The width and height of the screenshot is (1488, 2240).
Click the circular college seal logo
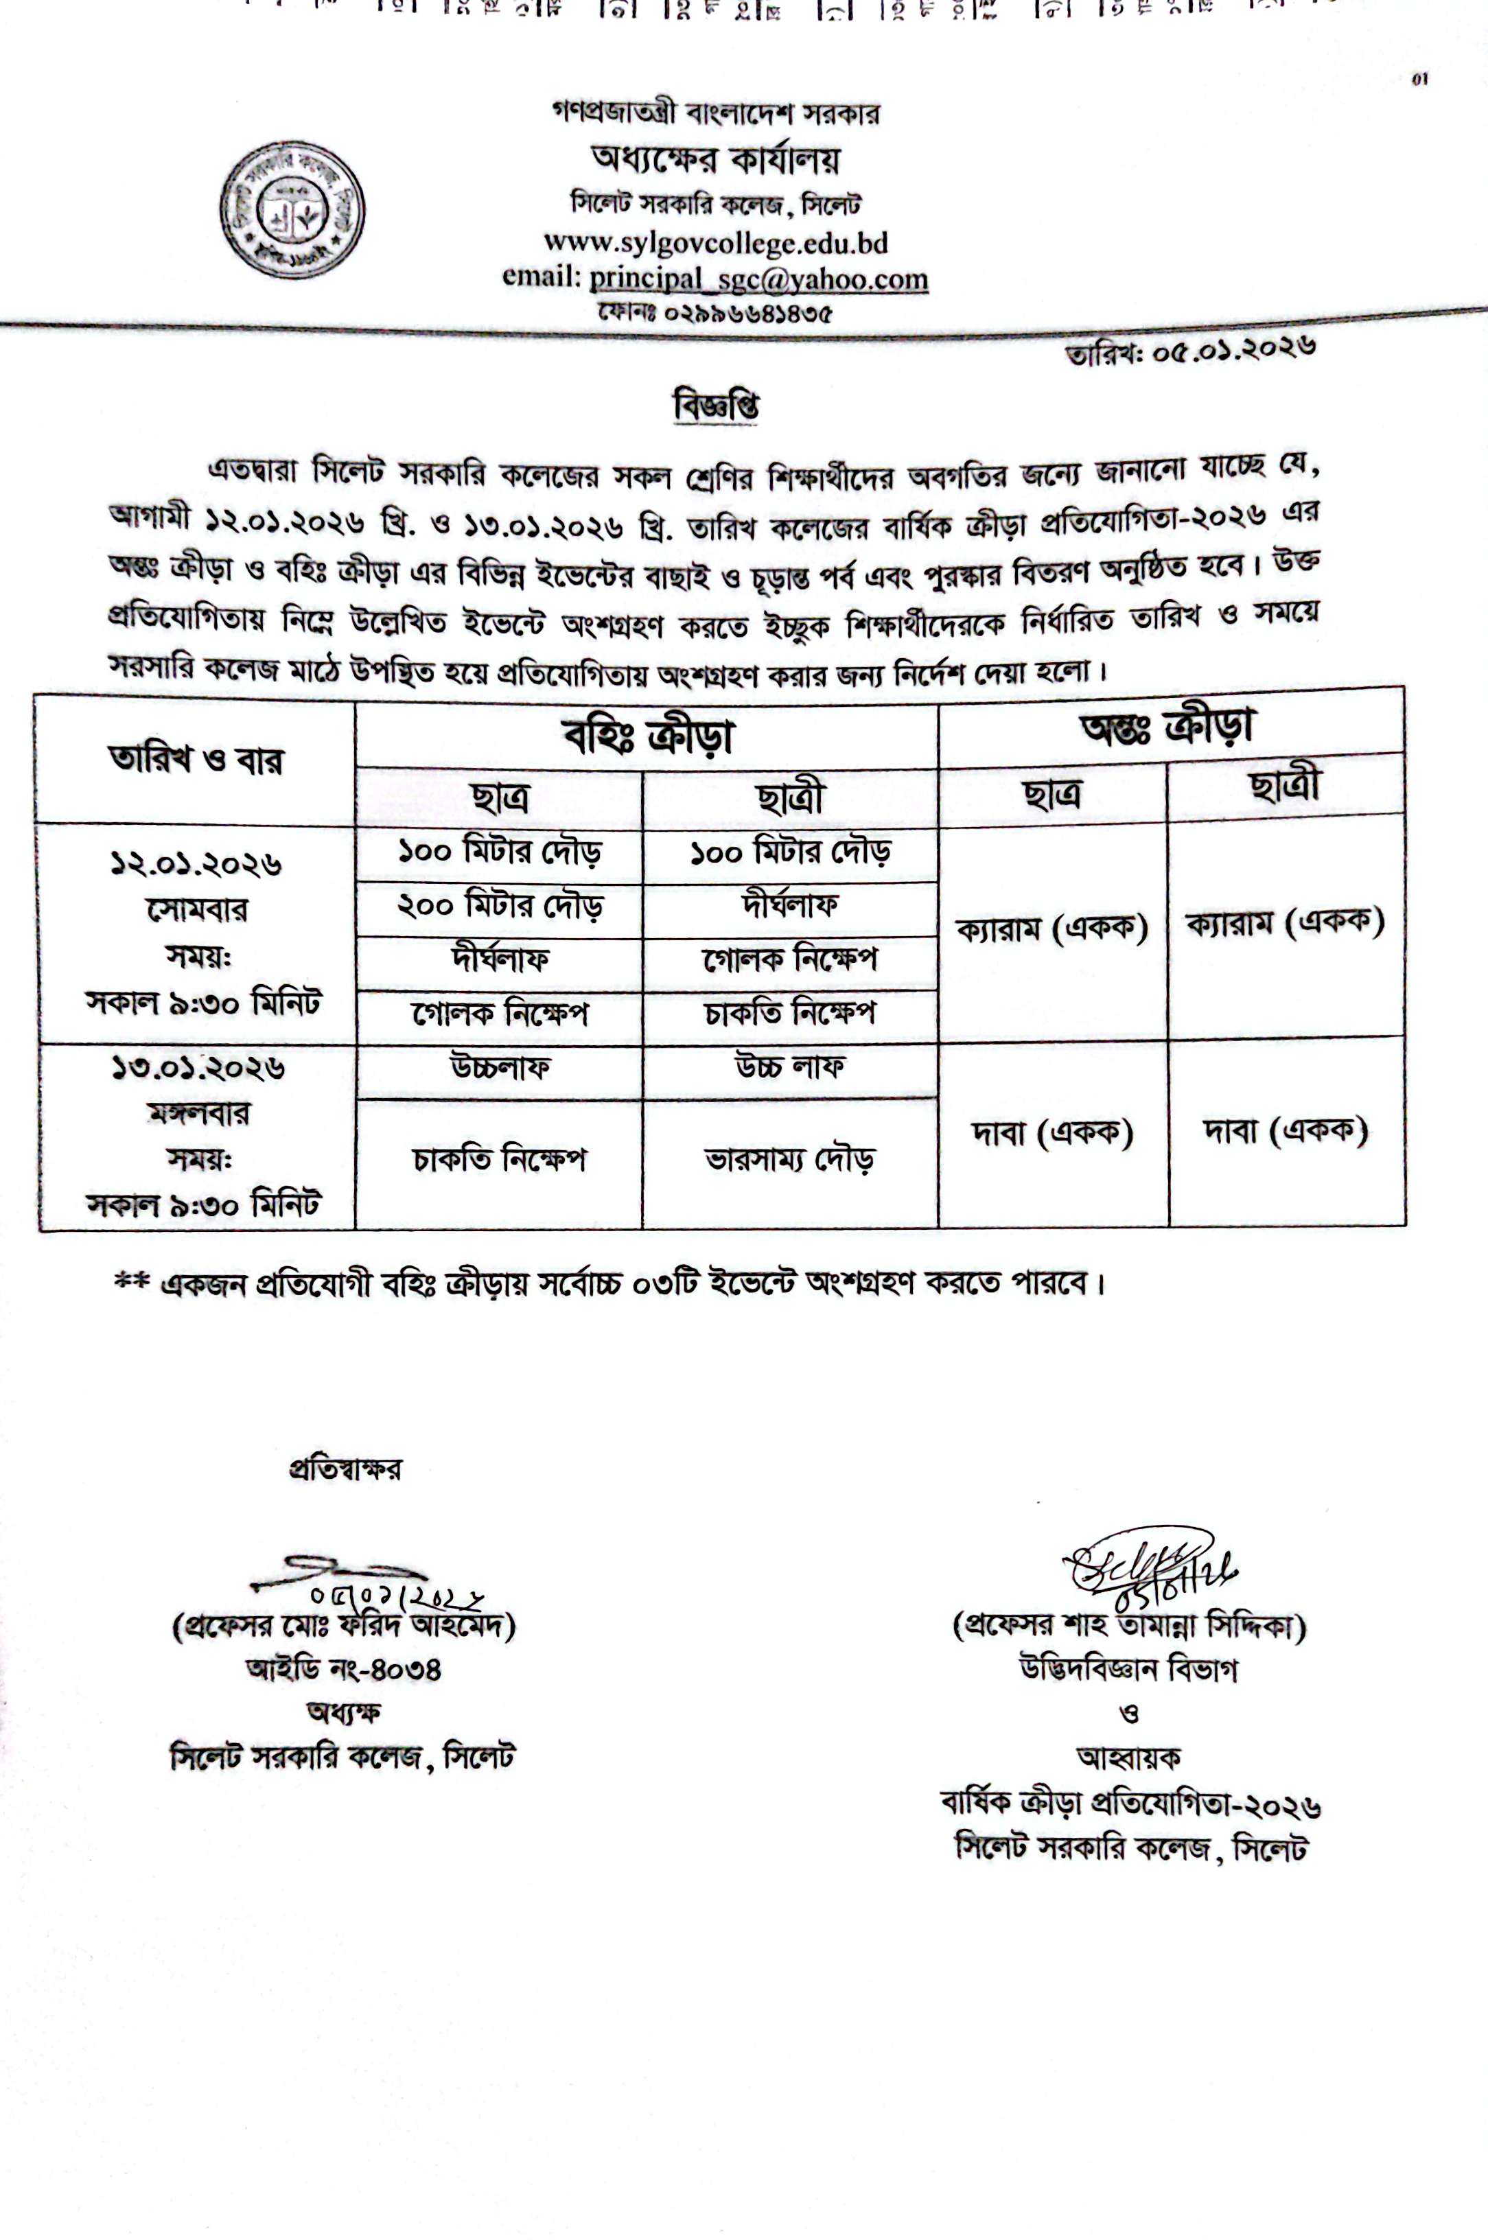point(292,210)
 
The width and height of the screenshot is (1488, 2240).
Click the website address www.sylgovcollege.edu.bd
point(716,243)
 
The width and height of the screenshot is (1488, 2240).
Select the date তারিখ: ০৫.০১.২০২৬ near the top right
point(1191,352)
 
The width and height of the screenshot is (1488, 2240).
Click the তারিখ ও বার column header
point(196,760)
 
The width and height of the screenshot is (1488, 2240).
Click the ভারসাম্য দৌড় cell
point(789,1159)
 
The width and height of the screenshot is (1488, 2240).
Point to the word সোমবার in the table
point(198,910)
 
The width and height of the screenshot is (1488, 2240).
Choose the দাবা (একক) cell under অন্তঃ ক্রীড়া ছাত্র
point(1052,1132)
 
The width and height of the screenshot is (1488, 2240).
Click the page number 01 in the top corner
point(1421,80)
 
